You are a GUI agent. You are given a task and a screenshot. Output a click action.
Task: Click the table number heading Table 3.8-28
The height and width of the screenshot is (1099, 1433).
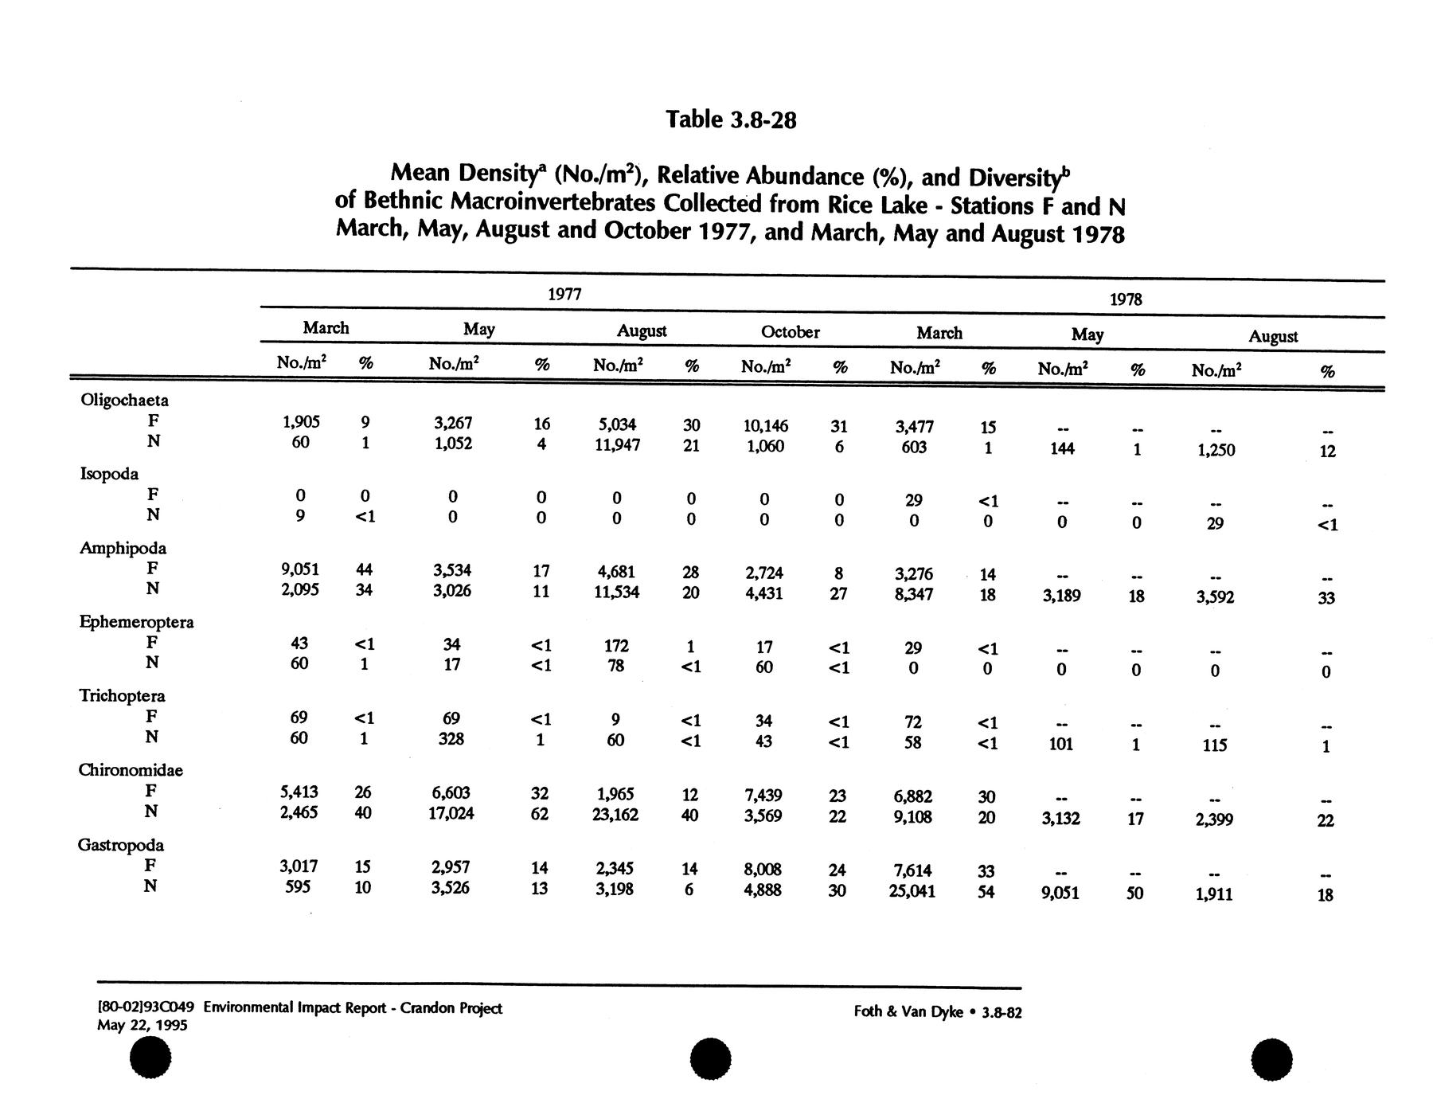(731, 120)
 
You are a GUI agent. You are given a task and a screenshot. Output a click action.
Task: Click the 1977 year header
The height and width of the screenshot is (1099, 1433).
(564, 294)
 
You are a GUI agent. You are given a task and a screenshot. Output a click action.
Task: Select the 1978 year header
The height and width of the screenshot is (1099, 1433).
(1126, 299)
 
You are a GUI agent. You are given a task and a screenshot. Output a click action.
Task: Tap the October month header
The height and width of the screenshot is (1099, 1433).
(790, 332)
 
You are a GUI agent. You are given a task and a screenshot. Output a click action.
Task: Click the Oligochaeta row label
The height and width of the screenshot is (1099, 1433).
(125, 400)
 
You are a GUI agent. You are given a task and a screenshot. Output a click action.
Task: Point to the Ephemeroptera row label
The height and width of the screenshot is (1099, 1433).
(136, 622)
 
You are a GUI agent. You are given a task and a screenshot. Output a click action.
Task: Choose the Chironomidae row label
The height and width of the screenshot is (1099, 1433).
(131, 770)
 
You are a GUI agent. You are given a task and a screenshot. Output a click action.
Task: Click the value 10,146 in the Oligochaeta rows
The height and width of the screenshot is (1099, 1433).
(765, 426)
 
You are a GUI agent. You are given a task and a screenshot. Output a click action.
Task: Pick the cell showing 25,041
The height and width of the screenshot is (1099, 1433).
(912, 891)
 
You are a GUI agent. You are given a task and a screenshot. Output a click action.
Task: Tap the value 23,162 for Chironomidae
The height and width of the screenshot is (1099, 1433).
(615, 815)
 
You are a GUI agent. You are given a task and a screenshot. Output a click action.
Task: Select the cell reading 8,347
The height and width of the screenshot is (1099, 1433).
(913, 594)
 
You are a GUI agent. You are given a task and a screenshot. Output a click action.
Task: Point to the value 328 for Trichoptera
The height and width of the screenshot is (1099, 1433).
(451, 739)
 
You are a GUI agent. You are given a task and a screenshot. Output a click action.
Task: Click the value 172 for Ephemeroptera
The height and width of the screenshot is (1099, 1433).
(616, 646)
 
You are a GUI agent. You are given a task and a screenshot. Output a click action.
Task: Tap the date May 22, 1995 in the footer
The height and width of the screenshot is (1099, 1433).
(143, 1026)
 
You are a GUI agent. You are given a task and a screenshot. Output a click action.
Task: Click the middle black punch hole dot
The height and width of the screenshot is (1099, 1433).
(710, 1060)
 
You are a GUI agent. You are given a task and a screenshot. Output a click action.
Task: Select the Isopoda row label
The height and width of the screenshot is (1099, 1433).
(109, 474)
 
